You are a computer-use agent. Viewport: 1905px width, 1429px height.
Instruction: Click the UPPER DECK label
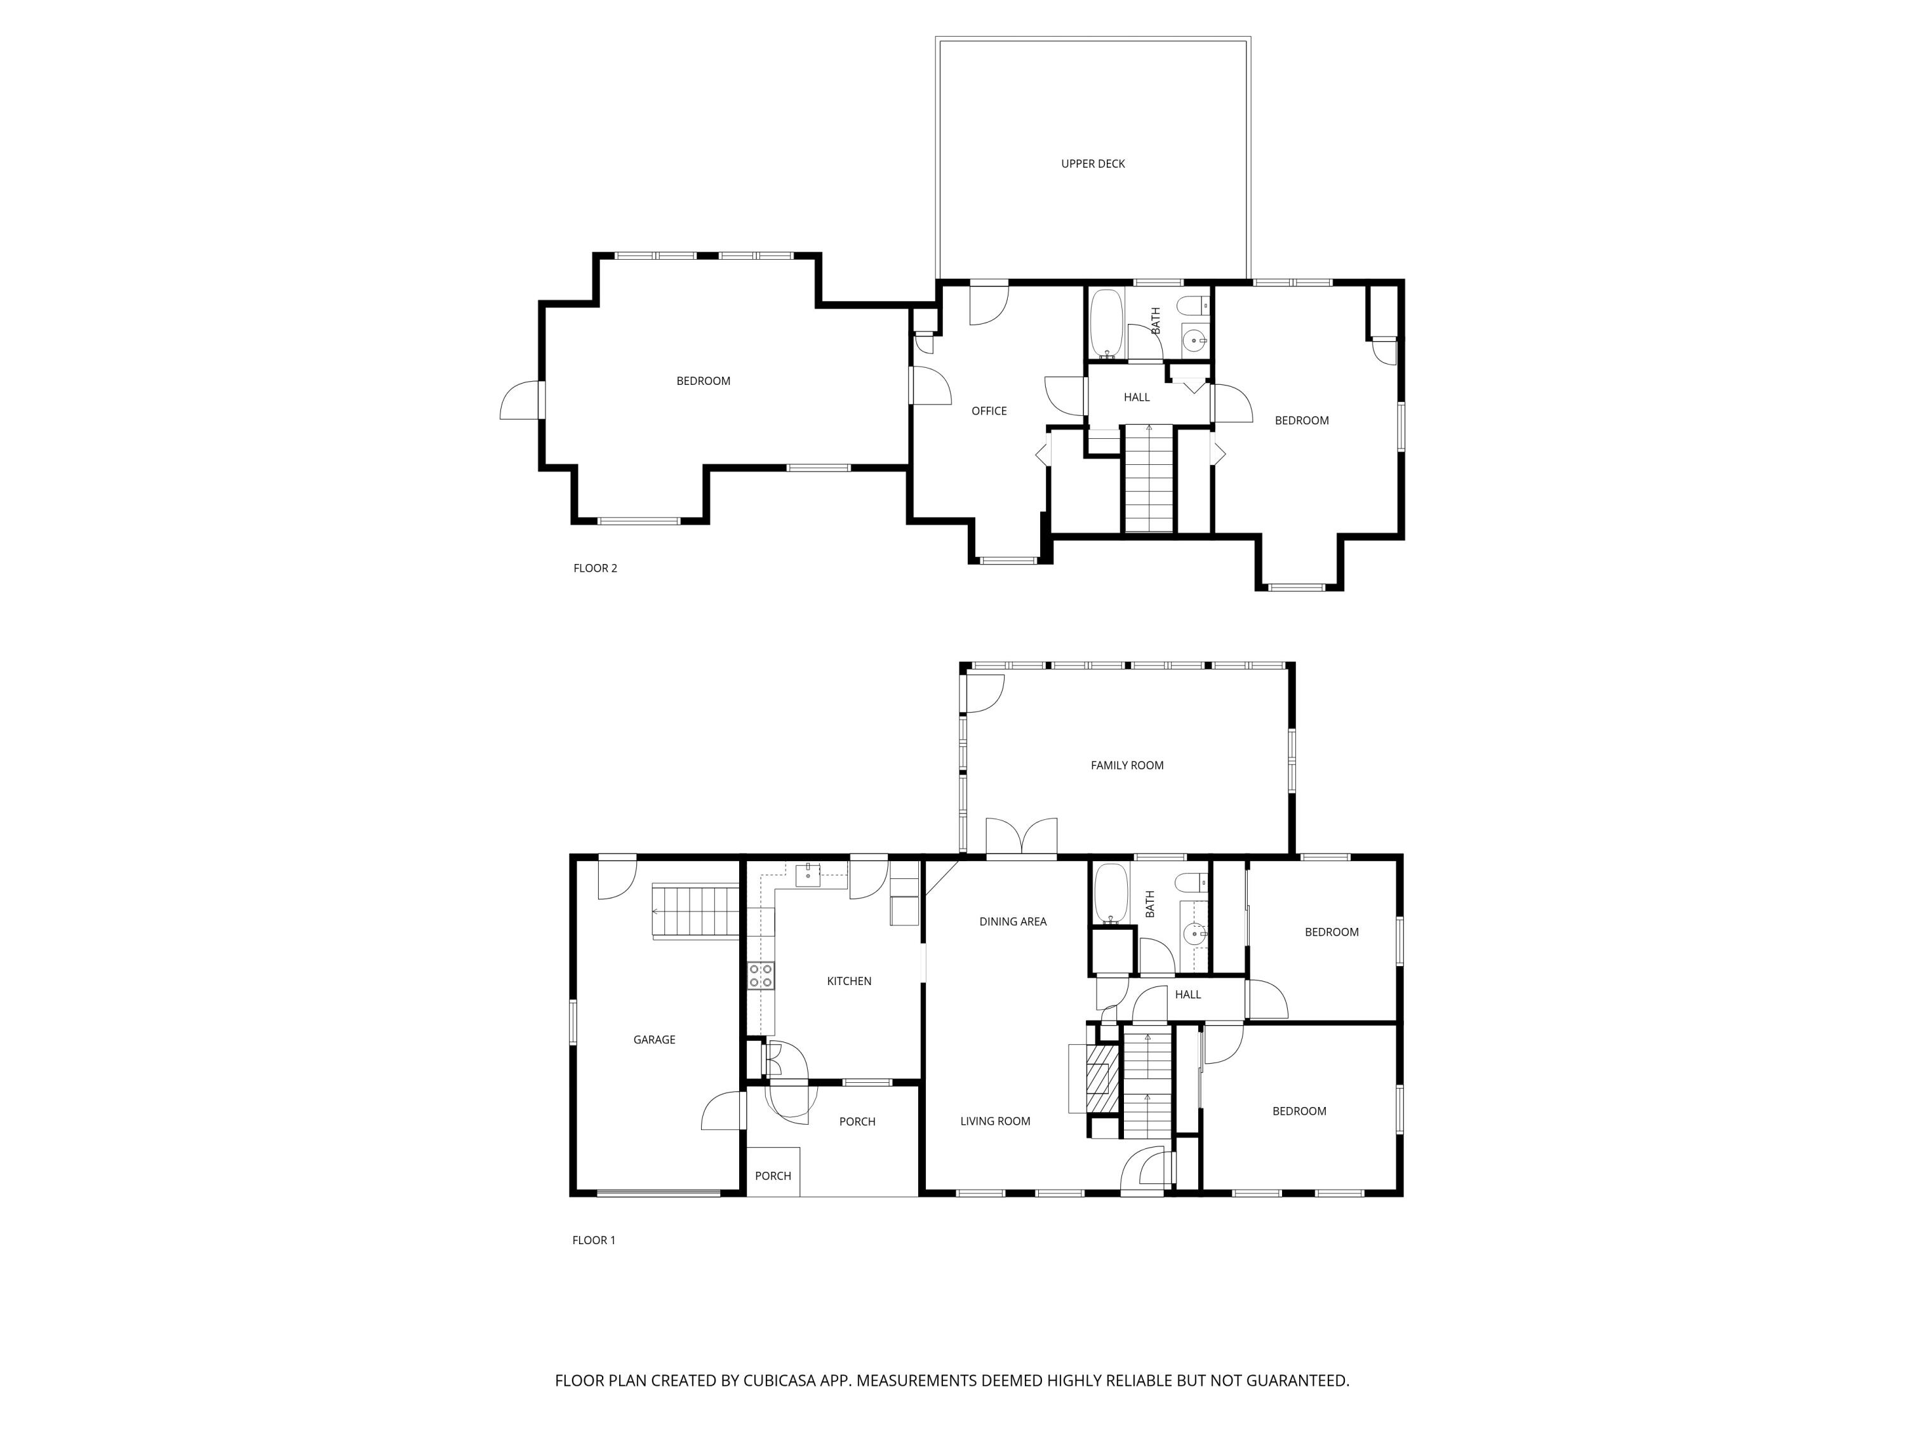pyautogui.click(x=1092, y=164)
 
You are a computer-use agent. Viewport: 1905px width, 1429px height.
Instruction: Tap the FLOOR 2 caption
pyautogui.click(x=595, y=568)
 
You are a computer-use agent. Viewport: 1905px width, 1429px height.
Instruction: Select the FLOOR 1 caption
pyautogui.click(x=593, y=1240)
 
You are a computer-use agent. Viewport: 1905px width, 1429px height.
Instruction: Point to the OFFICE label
pyautogui.click(x=989, y=411)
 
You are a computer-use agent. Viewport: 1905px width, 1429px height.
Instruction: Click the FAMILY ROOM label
pyautogui.click(x=1126, y=765)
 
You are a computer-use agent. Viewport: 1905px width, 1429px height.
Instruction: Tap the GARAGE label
pyautogui.click(x=653, y=1040)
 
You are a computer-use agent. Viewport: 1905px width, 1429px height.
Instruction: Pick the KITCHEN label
pyautogui.click(x=848, y=981)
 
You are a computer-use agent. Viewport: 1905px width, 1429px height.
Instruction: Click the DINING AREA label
pyautogui.click(x=1012, y=922)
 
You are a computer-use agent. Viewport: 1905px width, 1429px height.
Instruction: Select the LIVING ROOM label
pyautogui.click(x=994, y=1120)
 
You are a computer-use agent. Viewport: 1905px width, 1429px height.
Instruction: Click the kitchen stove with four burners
pyautogui.click(x=761, y=976)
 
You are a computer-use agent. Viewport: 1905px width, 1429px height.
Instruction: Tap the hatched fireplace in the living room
pyautogui.click(x=1099, y=1080)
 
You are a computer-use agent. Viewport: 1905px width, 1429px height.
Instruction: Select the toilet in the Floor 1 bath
pyautogui.click(x=1192, y=882)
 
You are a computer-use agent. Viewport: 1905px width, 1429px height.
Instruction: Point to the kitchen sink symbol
pyautogui.click(x=808, y=875)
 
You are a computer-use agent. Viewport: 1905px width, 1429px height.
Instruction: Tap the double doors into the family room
pyautogui.click(x=1021, y=838)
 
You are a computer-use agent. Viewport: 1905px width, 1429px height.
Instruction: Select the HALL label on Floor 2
pyautogui.click(x=1136, y=397)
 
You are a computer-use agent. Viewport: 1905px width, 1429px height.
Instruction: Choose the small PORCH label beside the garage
pyautogui.click(x=773, y=1176)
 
